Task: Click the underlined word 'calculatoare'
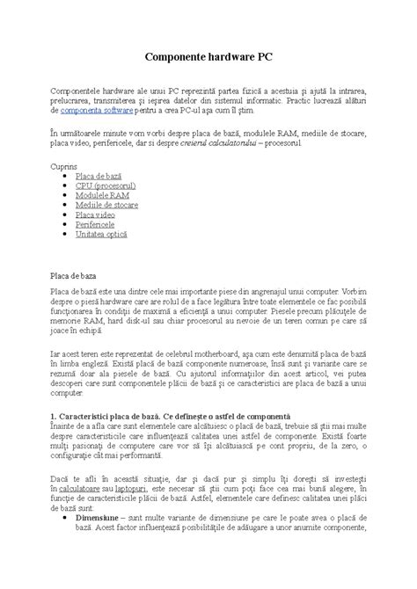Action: coord(104,485)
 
